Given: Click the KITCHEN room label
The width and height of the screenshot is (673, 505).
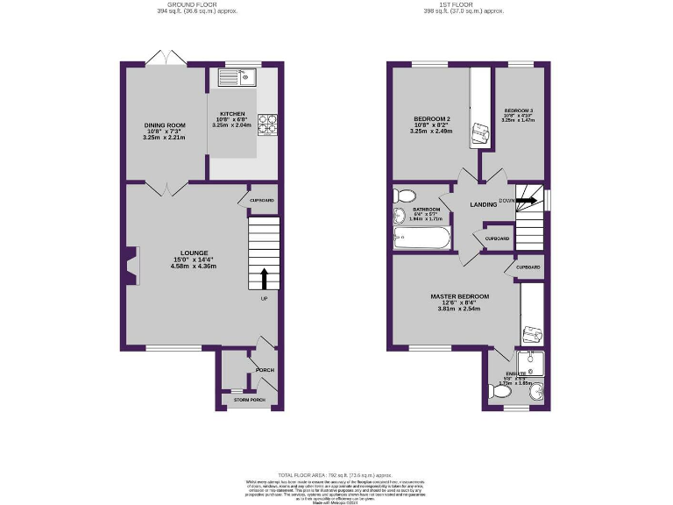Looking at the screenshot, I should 232,115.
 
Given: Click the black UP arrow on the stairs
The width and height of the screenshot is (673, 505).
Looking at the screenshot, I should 264,278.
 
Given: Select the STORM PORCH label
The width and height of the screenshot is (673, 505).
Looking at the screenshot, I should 249,399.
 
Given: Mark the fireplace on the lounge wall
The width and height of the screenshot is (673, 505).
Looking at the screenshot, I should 131,267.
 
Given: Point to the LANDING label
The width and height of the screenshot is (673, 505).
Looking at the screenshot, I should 484,204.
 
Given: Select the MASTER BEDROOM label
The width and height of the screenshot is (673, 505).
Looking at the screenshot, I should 459,296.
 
